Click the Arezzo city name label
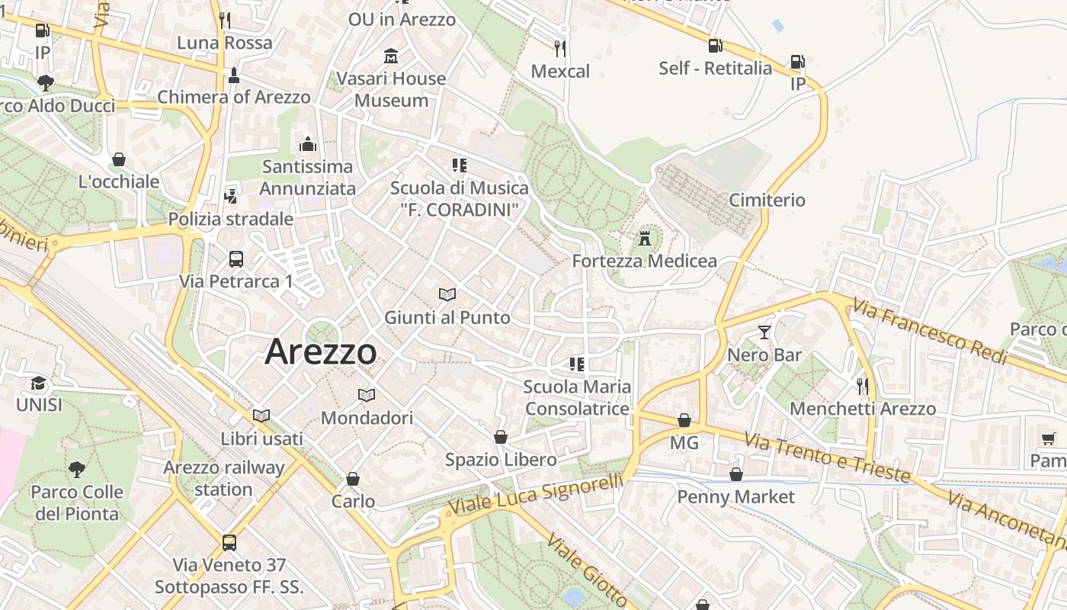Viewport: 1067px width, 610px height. click(x=321, y=352)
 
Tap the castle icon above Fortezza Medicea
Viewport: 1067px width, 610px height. click(x=645, y=239)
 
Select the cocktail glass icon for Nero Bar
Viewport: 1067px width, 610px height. click(x=764, y=332)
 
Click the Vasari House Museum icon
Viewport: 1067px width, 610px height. click(x=391, y=56)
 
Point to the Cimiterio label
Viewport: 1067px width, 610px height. click(x=767, y=200)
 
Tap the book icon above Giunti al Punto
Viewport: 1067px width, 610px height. click(x=447, y=294)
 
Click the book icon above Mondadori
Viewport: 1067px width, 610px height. click(x=367, y=395)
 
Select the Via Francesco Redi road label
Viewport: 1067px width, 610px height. click(x=930, y=332)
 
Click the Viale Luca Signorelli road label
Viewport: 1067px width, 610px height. click(x=536, y=494)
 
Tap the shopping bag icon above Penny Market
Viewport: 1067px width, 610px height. click(x=735, y=474)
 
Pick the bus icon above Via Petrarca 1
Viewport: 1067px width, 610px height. click(x=236, y=258)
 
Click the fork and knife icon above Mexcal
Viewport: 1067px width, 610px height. click(x=560, y=49)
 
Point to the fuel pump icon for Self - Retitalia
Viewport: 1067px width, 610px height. click(x=715, y=46)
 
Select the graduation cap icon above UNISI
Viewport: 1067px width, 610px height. click(x=38, y=383)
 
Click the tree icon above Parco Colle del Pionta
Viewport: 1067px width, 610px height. click(x=76, y=469)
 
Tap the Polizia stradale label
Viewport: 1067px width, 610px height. click(x=230, y=219)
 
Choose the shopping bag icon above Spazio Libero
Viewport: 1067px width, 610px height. click(x=501, y=437)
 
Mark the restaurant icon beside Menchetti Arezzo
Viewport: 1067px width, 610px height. click(x=862, y=387)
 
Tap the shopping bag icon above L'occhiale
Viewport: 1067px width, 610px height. click(x=119, y=159)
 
